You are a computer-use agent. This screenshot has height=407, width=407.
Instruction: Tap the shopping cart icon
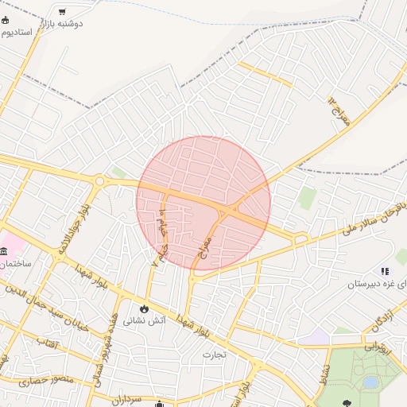click(62, 10)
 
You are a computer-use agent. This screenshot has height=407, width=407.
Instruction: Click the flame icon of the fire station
click(144, 308)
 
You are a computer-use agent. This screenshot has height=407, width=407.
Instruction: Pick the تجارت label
click(214, 354)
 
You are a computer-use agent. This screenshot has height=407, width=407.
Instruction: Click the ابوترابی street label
click(378, 346)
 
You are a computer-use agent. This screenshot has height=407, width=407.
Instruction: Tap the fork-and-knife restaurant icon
click(385, 271)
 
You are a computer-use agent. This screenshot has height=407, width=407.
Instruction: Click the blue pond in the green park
click(370, 382)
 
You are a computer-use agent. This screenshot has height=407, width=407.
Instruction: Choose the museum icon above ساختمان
click(6, 250)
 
